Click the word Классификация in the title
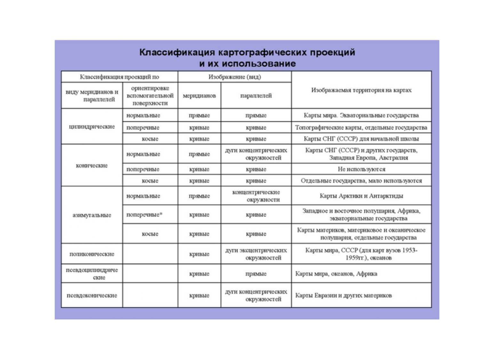177,52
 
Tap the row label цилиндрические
92,127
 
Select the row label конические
92,165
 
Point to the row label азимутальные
92,215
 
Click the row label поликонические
92,254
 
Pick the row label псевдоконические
92,295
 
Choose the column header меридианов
199,96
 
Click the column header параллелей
256,96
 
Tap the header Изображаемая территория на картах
361,90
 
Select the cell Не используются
361,169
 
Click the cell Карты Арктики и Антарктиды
361,196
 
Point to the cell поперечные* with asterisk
144,215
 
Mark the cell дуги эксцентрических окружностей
256,254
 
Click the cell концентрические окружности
256,196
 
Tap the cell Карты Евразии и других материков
343,295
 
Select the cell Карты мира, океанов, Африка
336,274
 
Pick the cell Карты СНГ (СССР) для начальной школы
361,139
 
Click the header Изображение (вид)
235,77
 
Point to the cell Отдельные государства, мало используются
361,181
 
